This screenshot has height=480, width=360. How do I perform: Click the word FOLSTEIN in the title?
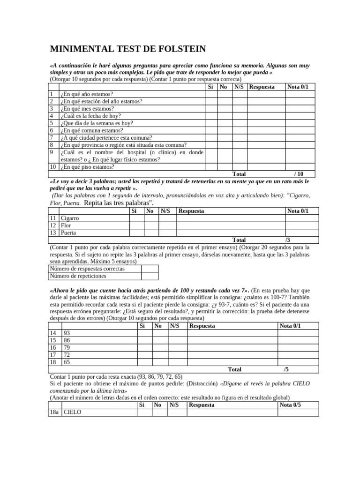178,49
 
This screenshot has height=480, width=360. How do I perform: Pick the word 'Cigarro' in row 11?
70,218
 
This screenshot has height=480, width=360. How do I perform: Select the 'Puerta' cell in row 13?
68,232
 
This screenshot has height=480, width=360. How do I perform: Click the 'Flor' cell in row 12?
66,225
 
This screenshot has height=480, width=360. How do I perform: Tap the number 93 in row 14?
67,333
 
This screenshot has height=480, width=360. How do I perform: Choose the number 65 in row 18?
67,362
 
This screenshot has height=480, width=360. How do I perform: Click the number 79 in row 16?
67,348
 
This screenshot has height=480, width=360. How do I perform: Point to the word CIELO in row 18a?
72,412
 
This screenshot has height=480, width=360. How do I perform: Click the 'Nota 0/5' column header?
291,405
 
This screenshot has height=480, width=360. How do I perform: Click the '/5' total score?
286,369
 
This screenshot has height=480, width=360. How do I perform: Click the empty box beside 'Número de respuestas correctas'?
149,269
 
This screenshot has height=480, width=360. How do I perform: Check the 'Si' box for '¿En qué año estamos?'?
211,94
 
